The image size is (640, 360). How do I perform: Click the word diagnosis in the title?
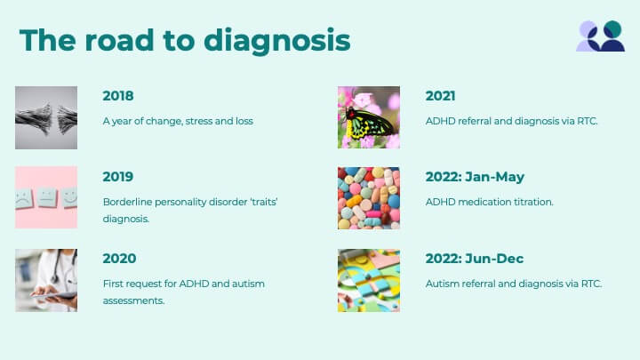click(x=276, y=41)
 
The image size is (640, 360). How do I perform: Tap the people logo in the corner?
click(x=600, y=36)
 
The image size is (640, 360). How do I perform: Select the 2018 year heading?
click(x=118, y=96)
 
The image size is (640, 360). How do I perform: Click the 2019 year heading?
click(x=118, y=177)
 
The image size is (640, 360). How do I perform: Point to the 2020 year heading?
click(x=119, y=259)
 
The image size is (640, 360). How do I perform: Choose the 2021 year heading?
click(x=440, y=96)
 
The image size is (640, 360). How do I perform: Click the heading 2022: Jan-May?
click(x=475, y=177)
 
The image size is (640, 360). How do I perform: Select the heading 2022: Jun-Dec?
click(x=475, y=259)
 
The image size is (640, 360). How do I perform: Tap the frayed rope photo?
click(x=46, y=117)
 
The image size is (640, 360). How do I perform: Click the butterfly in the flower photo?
click(x=368, y=123)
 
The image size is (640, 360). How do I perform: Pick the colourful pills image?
click(x=369, y=198)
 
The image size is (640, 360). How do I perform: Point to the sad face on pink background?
click(x=24, y=199)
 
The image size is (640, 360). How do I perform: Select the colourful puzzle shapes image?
click(x=369, y=280)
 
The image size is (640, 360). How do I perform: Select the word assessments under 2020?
click(x=133, y=300)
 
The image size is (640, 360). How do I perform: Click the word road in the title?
click(x=120, y=41)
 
